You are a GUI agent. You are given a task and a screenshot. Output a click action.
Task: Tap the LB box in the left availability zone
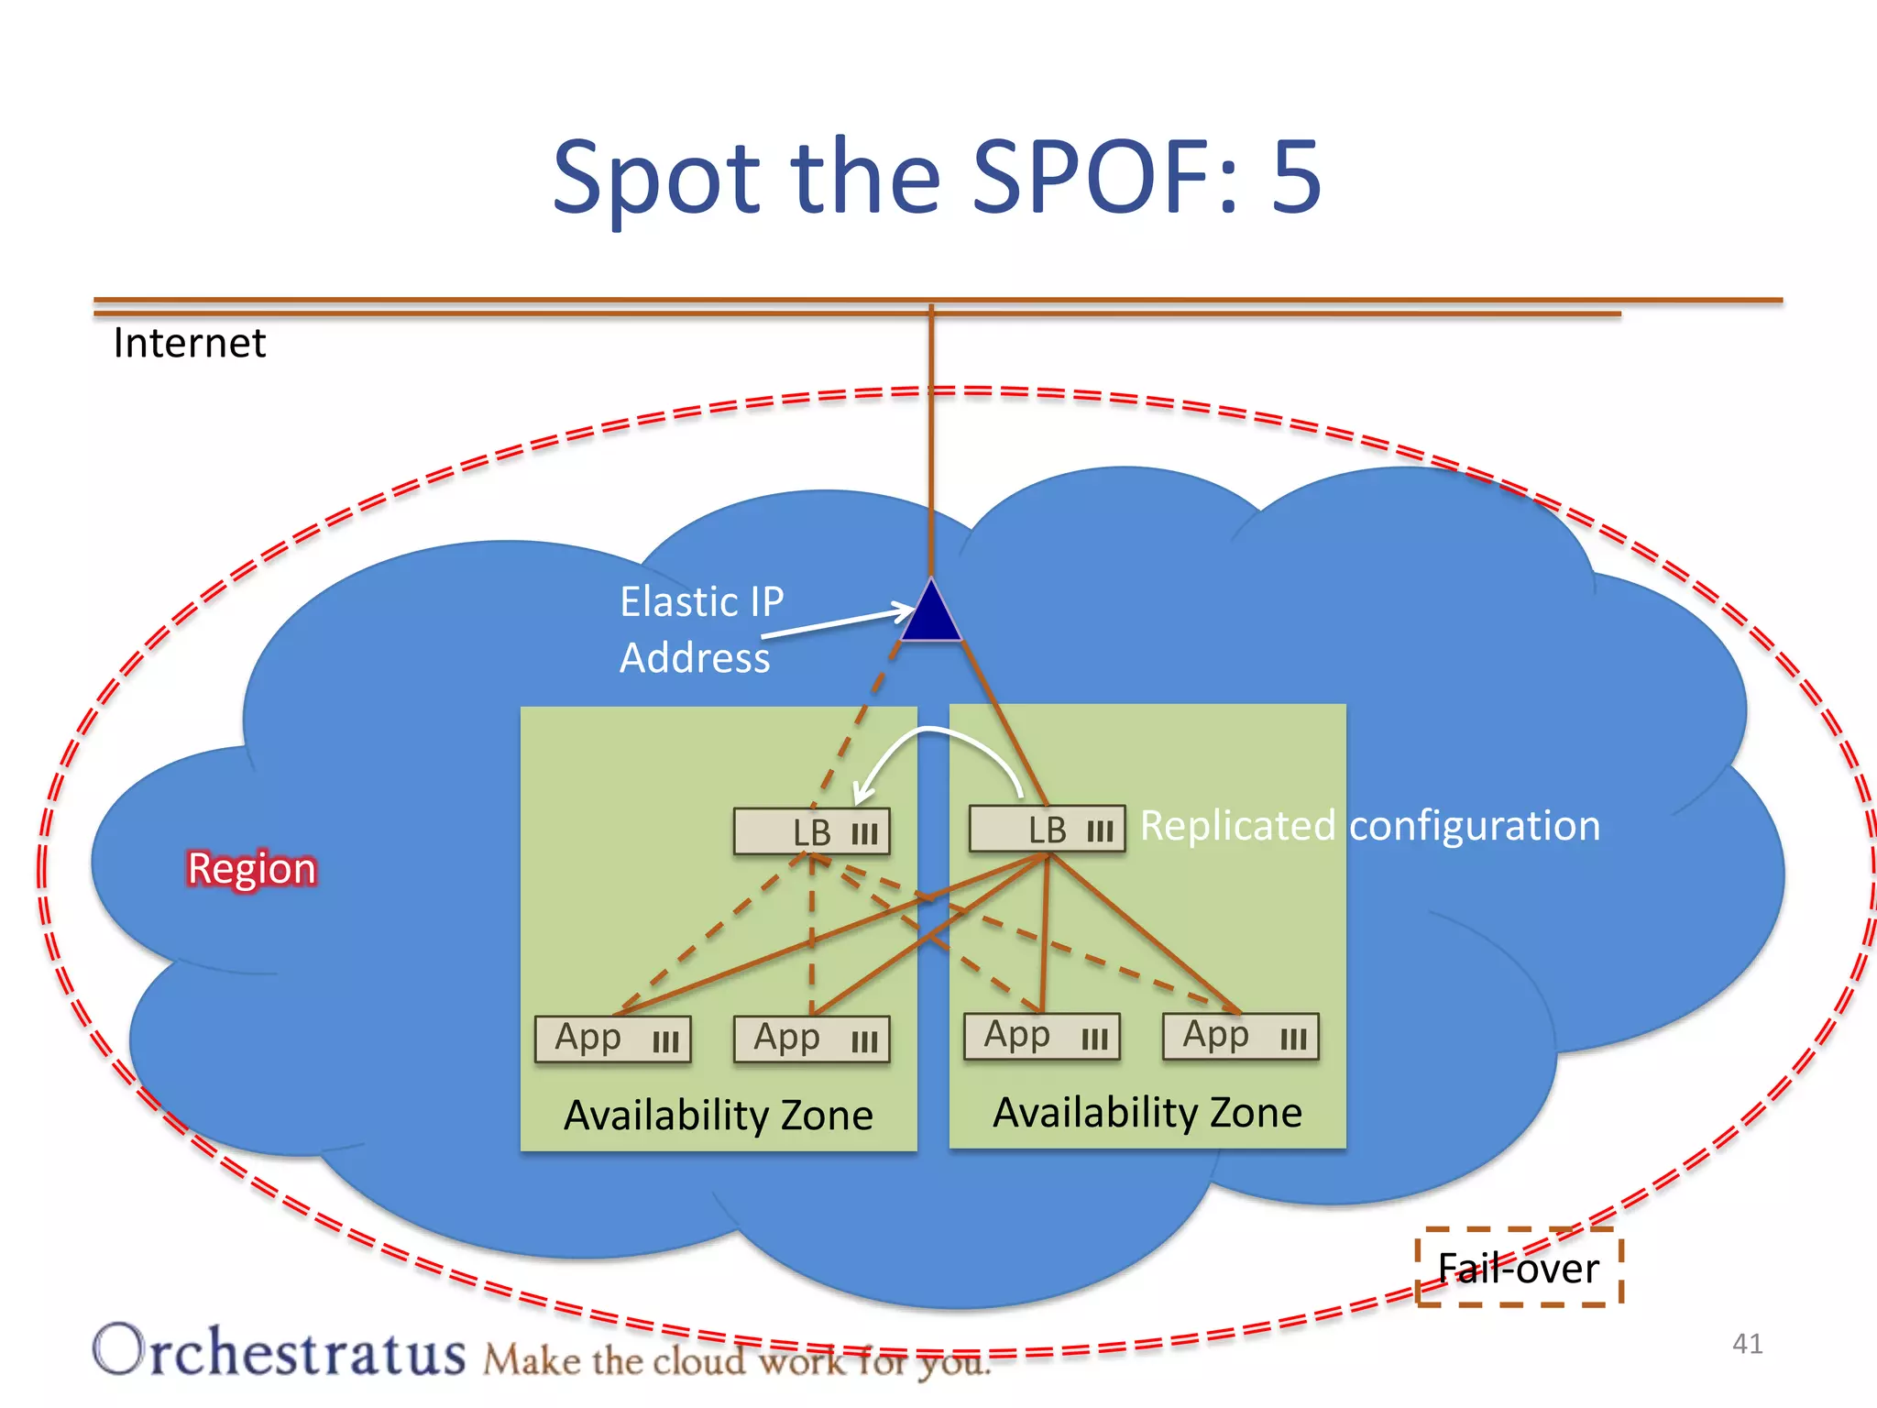click(812, 831)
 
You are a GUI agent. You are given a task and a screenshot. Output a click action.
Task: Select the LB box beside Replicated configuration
click(1048, 829)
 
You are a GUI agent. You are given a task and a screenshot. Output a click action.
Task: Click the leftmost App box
click(613, 1039)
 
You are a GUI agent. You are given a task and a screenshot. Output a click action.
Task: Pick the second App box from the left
click(812, 1039)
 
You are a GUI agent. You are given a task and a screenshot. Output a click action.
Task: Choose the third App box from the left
click(1042, 1037)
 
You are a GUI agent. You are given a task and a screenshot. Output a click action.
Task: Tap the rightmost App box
click(1241, 1037)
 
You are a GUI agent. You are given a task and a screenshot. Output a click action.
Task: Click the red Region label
click(252, 868)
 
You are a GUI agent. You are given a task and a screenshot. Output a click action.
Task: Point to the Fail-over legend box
click(1519, 1268)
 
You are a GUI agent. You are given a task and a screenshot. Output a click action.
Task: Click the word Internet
click(190, 344)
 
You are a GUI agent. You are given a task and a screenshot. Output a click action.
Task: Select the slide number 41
click(1747, 1344)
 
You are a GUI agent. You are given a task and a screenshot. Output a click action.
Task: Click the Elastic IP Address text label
click(701, 630)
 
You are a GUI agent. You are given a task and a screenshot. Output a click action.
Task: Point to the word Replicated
click(1237, 825)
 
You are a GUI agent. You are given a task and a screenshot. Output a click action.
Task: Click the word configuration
click(1475, 825)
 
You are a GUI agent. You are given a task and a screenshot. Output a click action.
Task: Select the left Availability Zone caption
click(719, 1116)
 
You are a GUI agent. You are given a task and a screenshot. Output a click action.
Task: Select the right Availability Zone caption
click(1147, 1113)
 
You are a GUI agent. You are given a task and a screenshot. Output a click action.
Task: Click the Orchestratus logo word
click(280, 1351)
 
